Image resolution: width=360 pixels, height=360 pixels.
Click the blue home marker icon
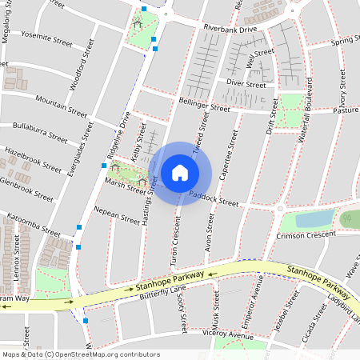tap(180, 173)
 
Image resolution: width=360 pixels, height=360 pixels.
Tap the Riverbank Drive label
tap(230, 28)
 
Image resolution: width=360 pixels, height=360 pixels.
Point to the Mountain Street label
tap(62, 104)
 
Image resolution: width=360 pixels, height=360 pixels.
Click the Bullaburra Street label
tap(40, 130)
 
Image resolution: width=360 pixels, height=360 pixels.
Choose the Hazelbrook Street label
tap(33, 160)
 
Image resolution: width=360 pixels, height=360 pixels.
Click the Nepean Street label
tap(116, 216)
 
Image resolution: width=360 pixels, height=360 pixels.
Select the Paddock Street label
tap(214, 198)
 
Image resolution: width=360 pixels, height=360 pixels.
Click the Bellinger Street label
tap(204, 106)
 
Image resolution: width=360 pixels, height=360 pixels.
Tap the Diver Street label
tap(246, 83)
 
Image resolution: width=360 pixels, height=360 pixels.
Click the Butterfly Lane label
tap(162, 292)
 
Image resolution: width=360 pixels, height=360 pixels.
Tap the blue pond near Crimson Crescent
tap(314, 218)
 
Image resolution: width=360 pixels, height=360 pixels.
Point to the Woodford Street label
tap(82, 73)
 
